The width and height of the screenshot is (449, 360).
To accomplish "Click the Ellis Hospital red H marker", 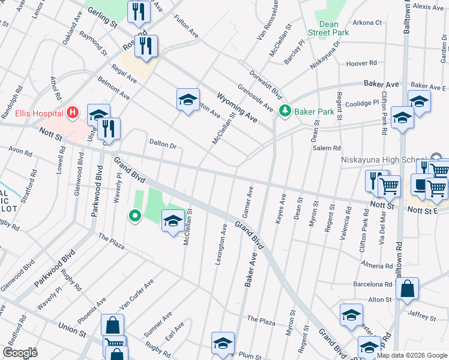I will point(73,112).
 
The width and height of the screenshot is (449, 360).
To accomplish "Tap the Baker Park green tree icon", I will point(285,111).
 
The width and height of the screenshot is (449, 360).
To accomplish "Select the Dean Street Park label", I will point(328,28).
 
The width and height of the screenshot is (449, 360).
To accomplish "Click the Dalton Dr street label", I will point(162,145).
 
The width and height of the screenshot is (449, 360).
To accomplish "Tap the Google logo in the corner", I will point(20,353).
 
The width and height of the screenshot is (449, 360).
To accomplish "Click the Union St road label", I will point(73,329).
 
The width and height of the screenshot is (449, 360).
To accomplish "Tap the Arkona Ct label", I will point(367,23).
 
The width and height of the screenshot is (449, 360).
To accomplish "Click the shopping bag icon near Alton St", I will point(407,288).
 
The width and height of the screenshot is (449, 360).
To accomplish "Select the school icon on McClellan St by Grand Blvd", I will point(172,221).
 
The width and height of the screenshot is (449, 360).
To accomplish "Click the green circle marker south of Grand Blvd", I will point(135,215).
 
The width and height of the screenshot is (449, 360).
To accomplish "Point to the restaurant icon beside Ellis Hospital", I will point(109,128).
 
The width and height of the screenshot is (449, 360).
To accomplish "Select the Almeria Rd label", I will point(376,264).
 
